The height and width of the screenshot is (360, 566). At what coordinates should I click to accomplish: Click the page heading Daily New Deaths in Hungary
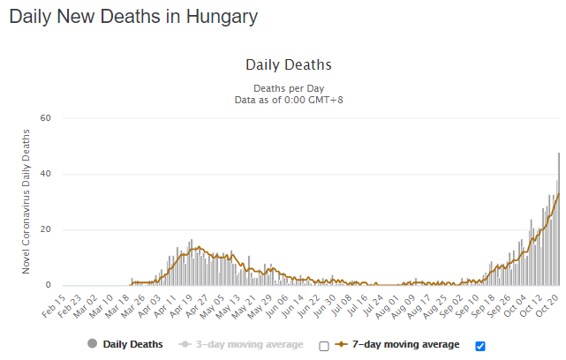click(x=133, y=17)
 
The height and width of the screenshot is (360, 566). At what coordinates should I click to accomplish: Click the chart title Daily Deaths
click(x=288, y=65)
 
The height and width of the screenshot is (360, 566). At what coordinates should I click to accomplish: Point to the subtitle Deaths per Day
click(x=288, y=89)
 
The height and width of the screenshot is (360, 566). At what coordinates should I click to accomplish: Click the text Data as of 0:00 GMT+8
click(x=288, y=101)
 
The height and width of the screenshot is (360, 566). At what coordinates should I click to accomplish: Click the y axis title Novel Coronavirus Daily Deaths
click(x=26, y=201)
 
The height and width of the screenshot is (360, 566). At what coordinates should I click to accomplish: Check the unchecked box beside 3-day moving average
click(x=324, y=345)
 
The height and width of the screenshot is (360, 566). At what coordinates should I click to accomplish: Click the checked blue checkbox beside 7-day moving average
click(x=480, y=345)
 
